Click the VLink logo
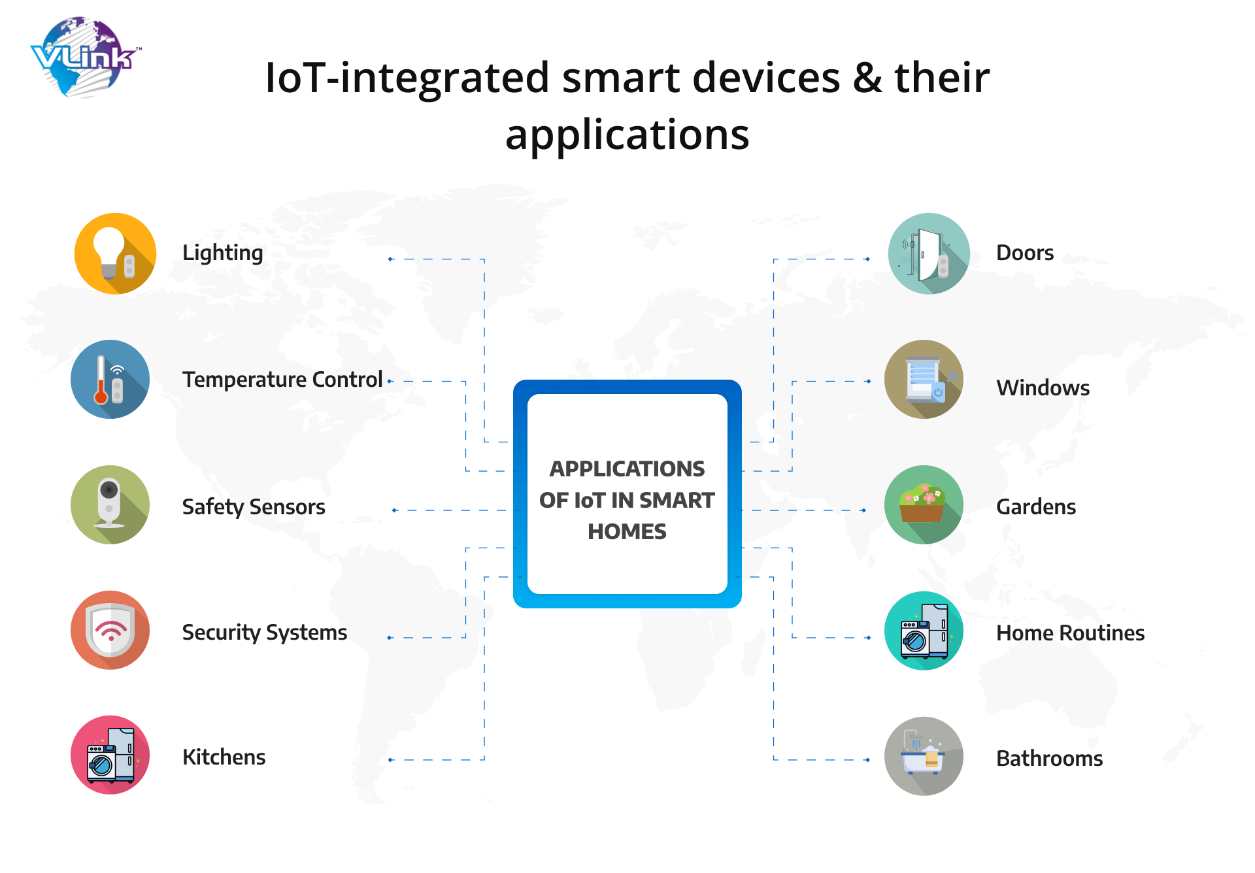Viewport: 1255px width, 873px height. pos(85,58)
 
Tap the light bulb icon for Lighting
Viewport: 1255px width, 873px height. pos(115,254)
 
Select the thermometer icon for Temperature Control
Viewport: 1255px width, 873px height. pos(110,379)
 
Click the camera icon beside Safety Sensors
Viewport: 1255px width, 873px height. pos(110,504)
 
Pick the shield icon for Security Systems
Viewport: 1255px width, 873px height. pos(110,630)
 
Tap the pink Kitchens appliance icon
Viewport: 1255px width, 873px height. pos(110,755)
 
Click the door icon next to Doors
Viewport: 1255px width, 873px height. pos(929,254)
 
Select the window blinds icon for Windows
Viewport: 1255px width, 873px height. pos(924,379)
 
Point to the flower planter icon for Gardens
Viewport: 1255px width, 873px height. pos(924,504)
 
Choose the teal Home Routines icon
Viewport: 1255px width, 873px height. pos(924,631)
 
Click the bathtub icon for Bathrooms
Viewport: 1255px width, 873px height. pos(924,756)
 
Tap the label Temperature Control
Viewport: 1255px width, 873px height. pos(282,380)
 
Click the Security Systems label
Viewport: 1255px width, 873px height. pos(265,633)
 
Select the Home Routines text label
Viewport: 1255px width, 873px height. pos(1070,633)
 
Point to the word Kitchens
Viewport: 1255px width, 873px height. pos(224,757)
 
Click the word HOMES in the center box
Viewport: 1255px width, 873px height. pos(627,531)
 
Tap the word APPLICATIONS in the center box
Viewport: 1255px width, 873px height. pos(627,469)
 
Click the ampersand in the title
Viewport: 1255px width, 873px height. pos(867,78)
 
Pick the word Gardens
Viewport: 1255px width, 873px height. pos(1036,506)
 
